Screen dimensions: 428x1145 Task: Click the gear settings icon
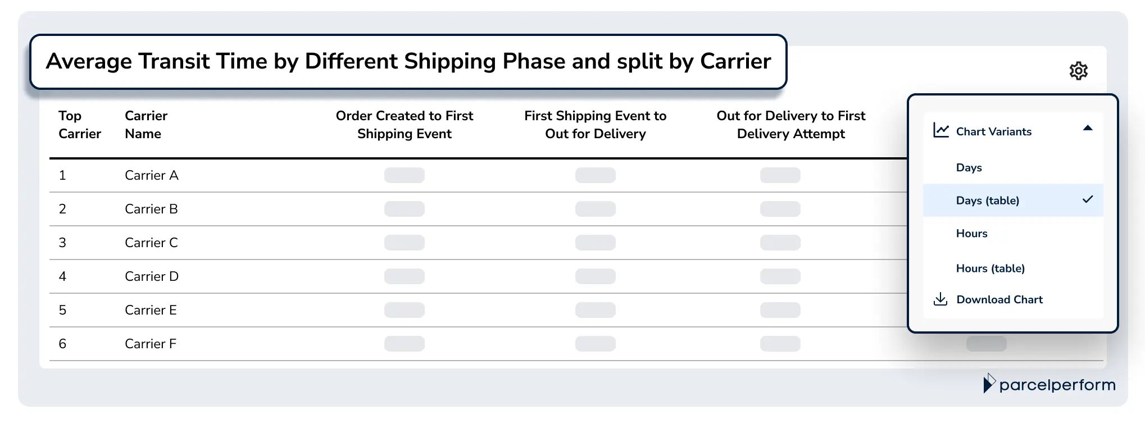(1078, 71)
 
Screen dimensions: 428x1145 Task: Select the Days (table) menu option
(987, 201)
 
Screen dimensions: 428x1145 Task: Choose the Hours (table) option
(990, 268)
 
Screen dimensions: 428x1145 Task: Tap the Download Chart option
(999, 299)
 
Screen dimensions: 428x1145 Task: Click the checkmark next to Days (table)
(1088, 199)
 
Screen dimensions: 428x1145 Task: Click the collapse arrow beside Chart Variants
(1088, 129)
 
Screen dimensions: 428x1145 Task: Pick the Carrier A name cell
(151, 175)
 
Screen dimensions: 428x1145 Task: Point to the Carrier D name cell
(151, 276)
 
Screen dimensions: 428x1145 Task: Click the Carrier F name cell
(150, 344)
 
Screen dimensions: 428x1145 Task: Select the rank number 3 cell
(62, 243)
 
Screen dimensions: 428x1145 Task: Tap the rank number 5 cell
(62, 310)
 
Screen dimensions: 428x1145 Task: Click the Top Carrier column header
(79, 125)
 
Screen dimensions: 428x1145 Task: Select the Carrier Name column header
(146, 125)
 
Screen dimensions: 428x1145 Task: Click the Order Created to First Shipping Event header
(404, 125)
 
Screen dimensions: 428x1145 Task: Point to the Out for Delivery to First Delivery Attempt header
(790, 125)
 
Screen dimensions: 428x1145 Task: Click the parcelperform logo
(1049, 385)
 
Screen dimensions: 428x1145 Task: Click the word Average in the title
(88, 61)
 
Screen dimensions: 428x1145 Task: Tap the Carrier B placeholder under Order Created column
(404, 209)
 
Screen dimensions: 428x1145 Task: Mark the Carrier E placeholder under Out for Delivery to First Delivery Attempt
(780, 310)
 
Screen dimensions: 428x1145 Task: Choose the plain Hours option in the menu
(971, 234)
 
